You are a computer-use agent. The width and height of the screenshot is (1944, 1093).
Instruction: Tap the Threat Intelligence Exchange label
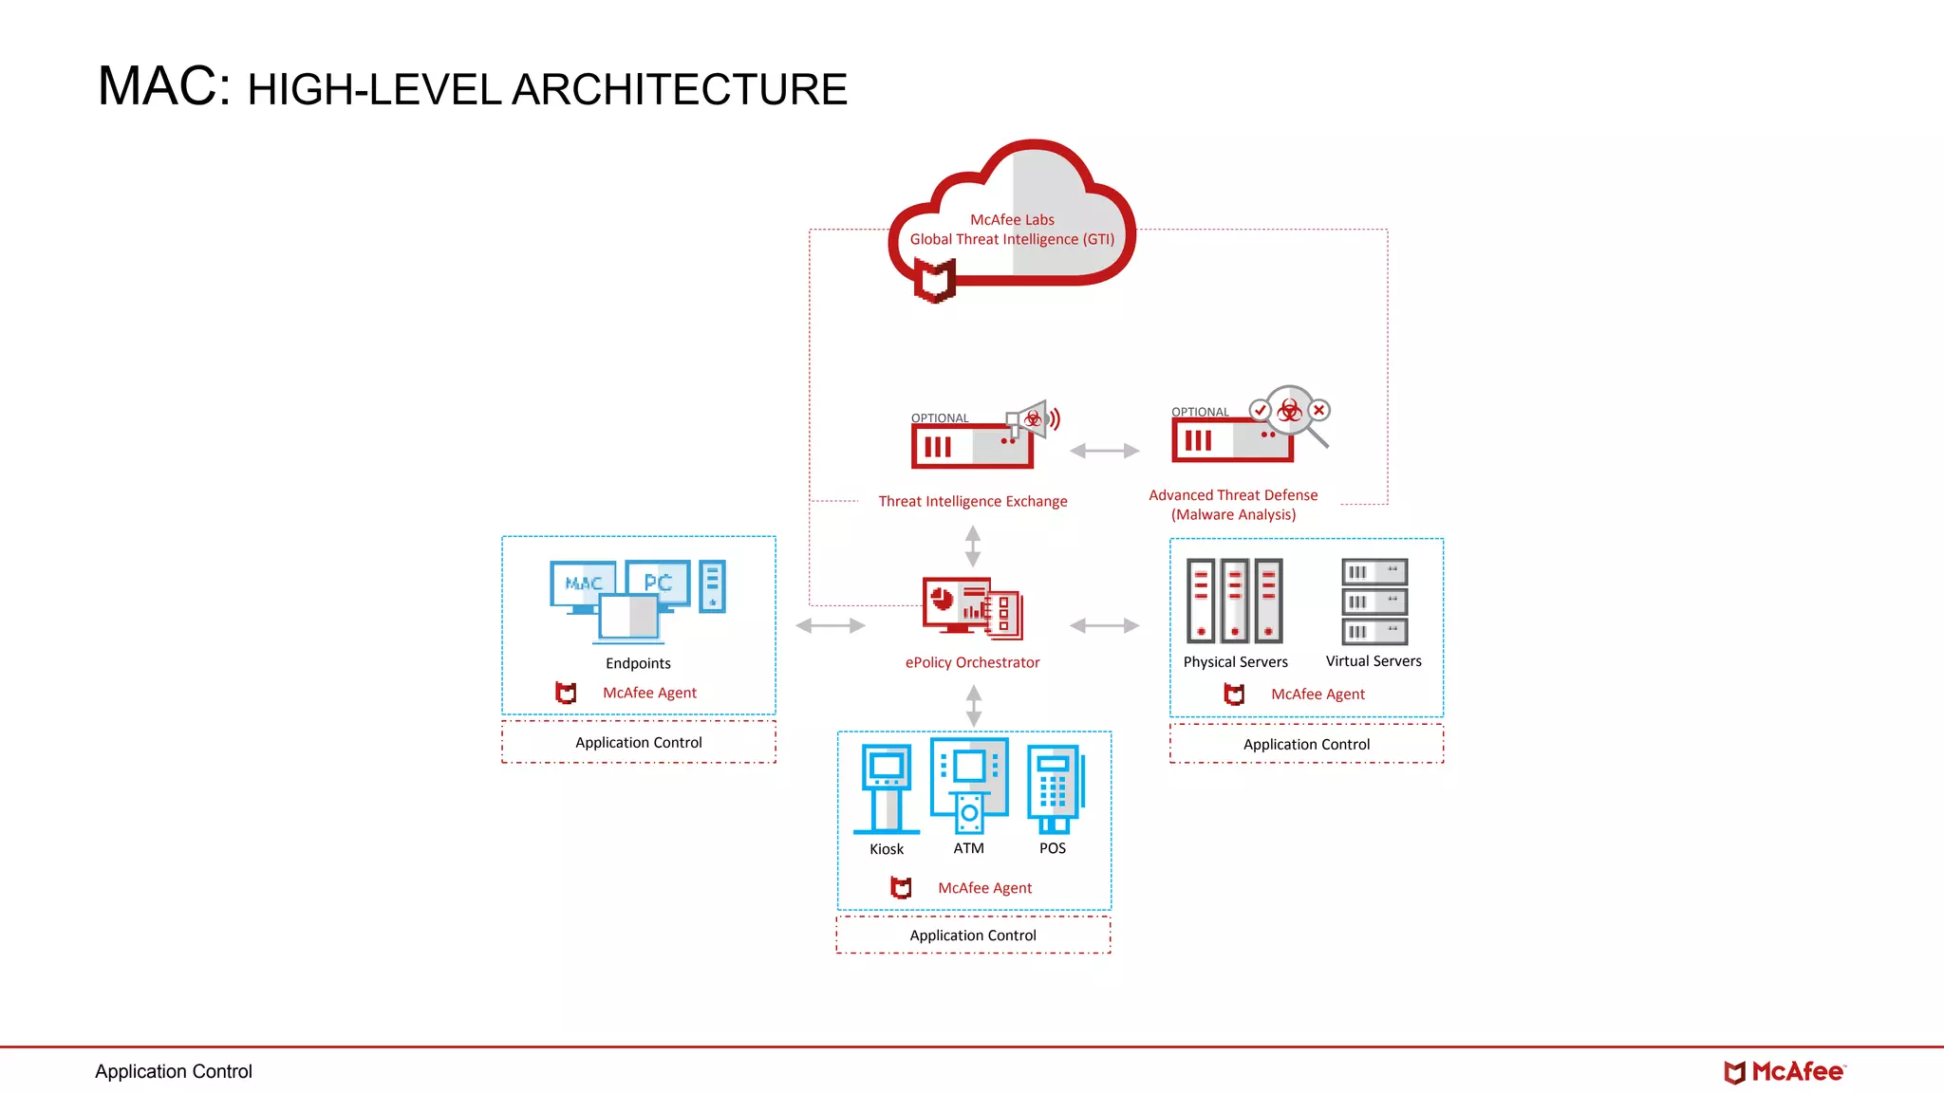point(972,501)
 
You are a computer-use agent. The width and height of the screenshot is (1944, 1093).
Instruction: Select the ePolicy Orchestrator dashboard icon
point(971,607)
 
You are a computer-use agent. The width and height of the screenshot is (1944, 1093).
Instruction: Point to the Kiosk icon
point(887,787)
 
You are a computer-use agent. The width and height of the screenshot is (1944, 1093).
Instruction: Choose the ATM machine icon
point(969,786)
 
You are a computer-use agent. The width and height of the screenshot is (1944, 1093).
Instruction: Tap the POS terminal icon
point(1054,787)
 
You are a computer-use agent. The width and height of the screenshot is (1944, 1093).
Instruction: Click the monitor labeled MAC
point(582,584)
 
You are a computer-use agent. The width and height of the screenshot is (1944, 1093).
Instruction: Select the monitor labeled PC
point(658,581)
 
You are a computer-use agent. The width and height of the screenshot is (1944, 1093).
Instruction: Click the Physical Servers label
point(1235,661)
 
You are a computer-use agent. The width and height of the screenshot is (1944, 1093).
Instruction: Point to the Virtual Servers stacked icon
point(1374,602)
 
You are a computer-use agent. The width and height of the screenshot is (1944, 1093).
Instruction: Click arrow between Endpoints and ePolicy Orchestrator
point(831,625)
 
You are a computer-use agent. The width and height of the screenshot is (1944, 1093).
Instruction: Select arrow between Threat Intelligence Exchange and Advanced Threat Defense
point(1104,451)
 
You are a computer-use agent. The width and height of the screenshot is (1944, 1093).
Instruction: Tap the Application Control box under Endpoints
point(639,742)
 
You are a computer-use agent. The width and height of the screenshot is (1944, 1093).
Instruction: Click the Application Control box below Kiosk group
point(973,935)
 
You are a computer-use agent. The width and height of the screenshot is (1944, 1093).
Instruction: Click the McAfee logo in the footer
point(1784,1072)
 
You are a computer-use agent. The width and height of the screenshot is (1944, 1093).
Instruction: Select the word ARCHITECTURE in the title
point(680,90)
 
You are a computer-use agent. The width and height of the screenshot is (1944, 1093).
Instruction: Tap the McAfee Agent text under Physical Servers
point(1318,694)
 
